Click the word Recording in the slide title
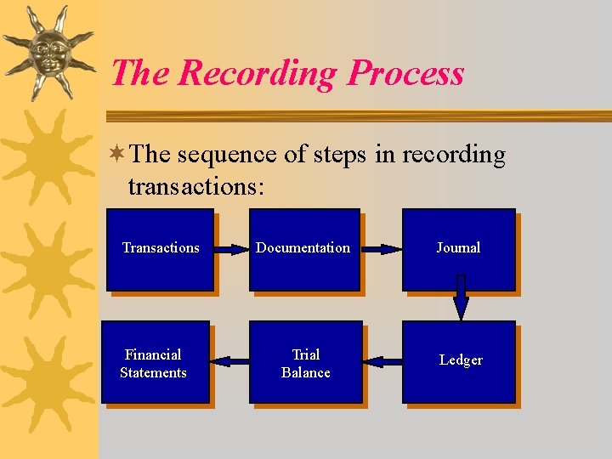click(258, 74)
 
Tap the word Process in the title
click(405, 74)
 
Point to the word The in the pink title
click(140, 73)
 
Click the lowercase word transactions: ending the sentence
click(196, 185)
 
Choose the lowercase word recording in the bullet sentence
click(453, 156)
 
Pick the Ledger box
click(460, 361)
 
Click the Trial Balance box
click(305, 363)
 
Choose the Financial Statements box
click(154, 363)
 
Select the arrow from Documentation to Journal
click(380, 250)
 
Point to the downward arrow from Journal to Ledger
click(461, 297)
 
